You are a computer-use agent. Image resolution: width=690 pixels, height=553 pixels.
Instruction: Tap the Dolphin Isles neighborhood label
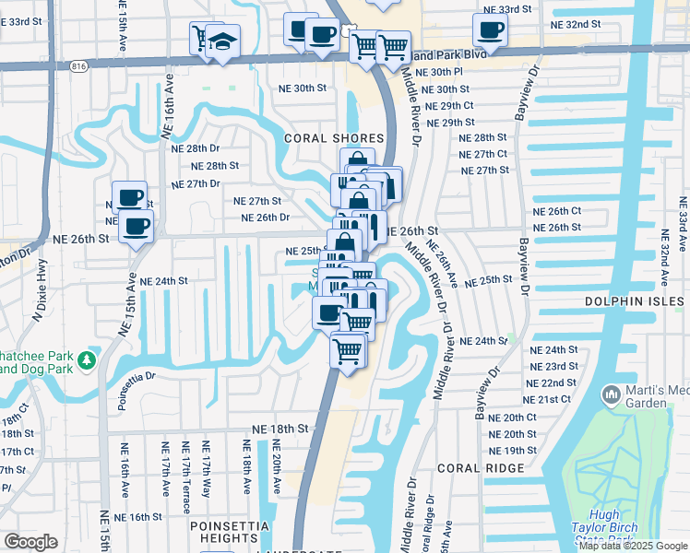point(636,301)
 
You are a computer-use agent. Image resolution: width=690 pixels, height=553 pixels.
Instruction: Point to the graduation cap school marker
point(222,42)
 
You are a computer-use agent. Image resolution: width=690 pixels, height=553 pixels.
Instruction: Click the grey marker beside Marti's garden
point(611,396)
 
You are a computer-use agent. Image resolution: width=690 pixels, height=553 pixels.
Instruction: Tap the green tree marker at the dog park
point(87,359)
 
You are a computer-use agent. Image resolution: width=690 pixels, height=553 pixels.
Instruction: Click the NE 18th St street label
point(280,429)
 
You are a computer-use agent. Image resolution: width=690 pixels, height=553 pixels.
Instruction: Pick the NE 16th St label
point(138,517)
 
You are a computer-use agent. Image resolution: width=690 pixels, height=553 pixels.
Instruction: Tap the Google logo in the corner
point(30,542)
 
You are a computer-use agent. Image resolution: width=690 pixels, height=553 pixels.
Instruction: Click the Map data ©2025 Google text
point(633,546)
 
